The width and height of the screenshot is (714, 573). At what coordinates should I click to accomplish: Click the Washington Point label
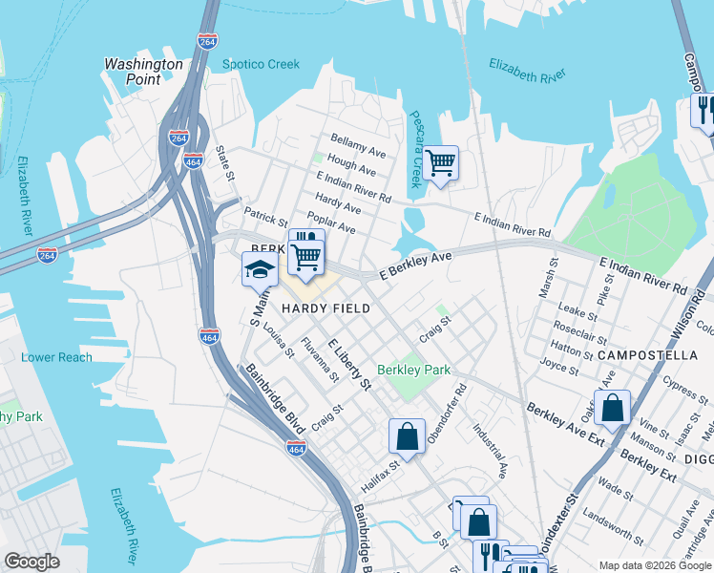pyautogui.click(x=143, y=72)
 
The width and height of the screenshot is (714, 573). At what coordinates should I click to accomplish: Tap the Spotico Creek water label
pyautogui.click(x=261, y=65)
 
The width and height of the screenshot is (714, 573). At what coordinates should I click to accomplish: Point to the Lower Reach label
pyautogui.click(x=56, y=357)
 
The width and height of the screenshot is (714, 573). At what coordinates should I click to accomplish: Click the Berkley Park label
pyautogui.click(x=413, y=370)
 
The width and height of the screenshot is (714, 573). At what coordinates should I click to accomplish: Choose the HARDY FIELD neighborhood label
pyautogui.click(x=325, y=309)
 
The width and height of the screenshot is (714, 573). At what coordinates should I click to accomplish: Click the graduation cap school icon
pyautogui.click(x=259, y=271)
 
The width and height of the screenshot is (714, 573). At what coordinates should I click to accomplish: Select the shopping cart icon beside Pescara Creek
pyautogui.click(x=440, y=162)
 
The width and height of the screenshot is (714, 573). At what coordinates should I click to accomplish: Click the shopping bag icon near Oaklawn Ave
pyautogui.click(x=612, y=407)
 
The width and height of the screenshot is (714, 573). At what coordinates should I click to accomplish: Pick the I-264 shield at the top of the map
pyautogui.click(x=207, y=42)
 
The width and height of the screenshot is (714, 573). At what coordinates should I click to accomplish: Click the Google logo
pyautogui.click(x=31, y=562)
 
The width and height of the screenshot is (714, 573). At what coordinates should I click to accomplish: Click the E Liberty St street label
pyautogui.click(x=349, y=364)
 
